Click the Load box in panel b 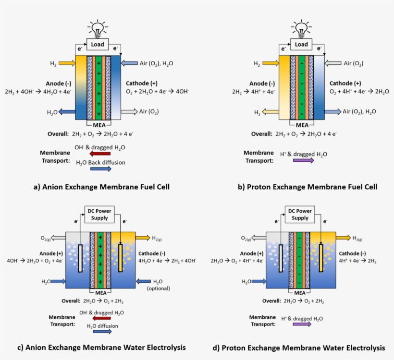(x=301, y=45)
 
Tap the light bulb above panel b (x=301, y=28)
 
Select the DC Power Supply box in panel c (x=98, y=214)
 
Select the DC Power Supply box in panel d (x=300, y=214)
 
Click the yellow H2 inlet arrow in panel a (x=67, y=63)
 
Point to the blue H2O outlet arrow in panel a (x=67, y=112)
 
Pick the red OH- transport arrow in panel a (x=100, y=154)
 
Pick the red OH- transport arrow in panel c (x=100, y=319)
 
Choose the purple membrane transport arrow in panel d (x=302, y=324)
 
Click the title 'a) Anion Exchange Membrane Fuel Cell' (x=101, y=187)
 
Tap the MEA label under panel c (x=100, y=292)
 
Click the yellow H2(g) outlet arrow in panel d (x=343, y=237)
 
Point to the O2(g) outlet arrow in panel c (x=62, y=237)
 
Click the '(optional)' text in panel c (x=159, y=288)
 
